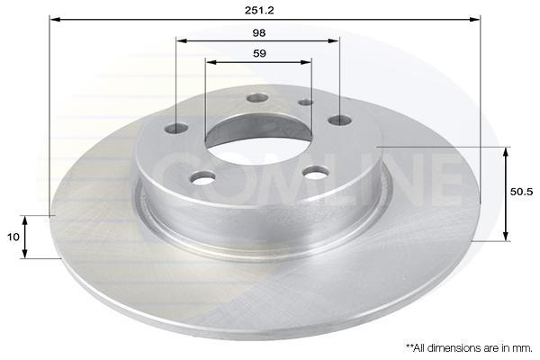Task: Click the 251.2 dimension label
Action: click(259, 10)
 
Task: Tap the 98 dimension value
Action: click(259, 33)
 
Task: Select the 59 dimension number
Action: click(259, 54)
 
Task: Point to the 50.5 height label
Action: click(522, 192)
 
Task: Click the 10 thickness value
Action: click(13, 237)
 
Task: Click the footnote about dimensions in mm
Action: click(469, 348)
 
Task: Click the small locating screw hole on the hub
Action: click(306, 103)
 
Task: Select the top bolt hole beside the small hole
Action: click(257, 98)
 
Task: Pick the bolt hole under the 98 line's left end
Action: click(176, 129)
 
